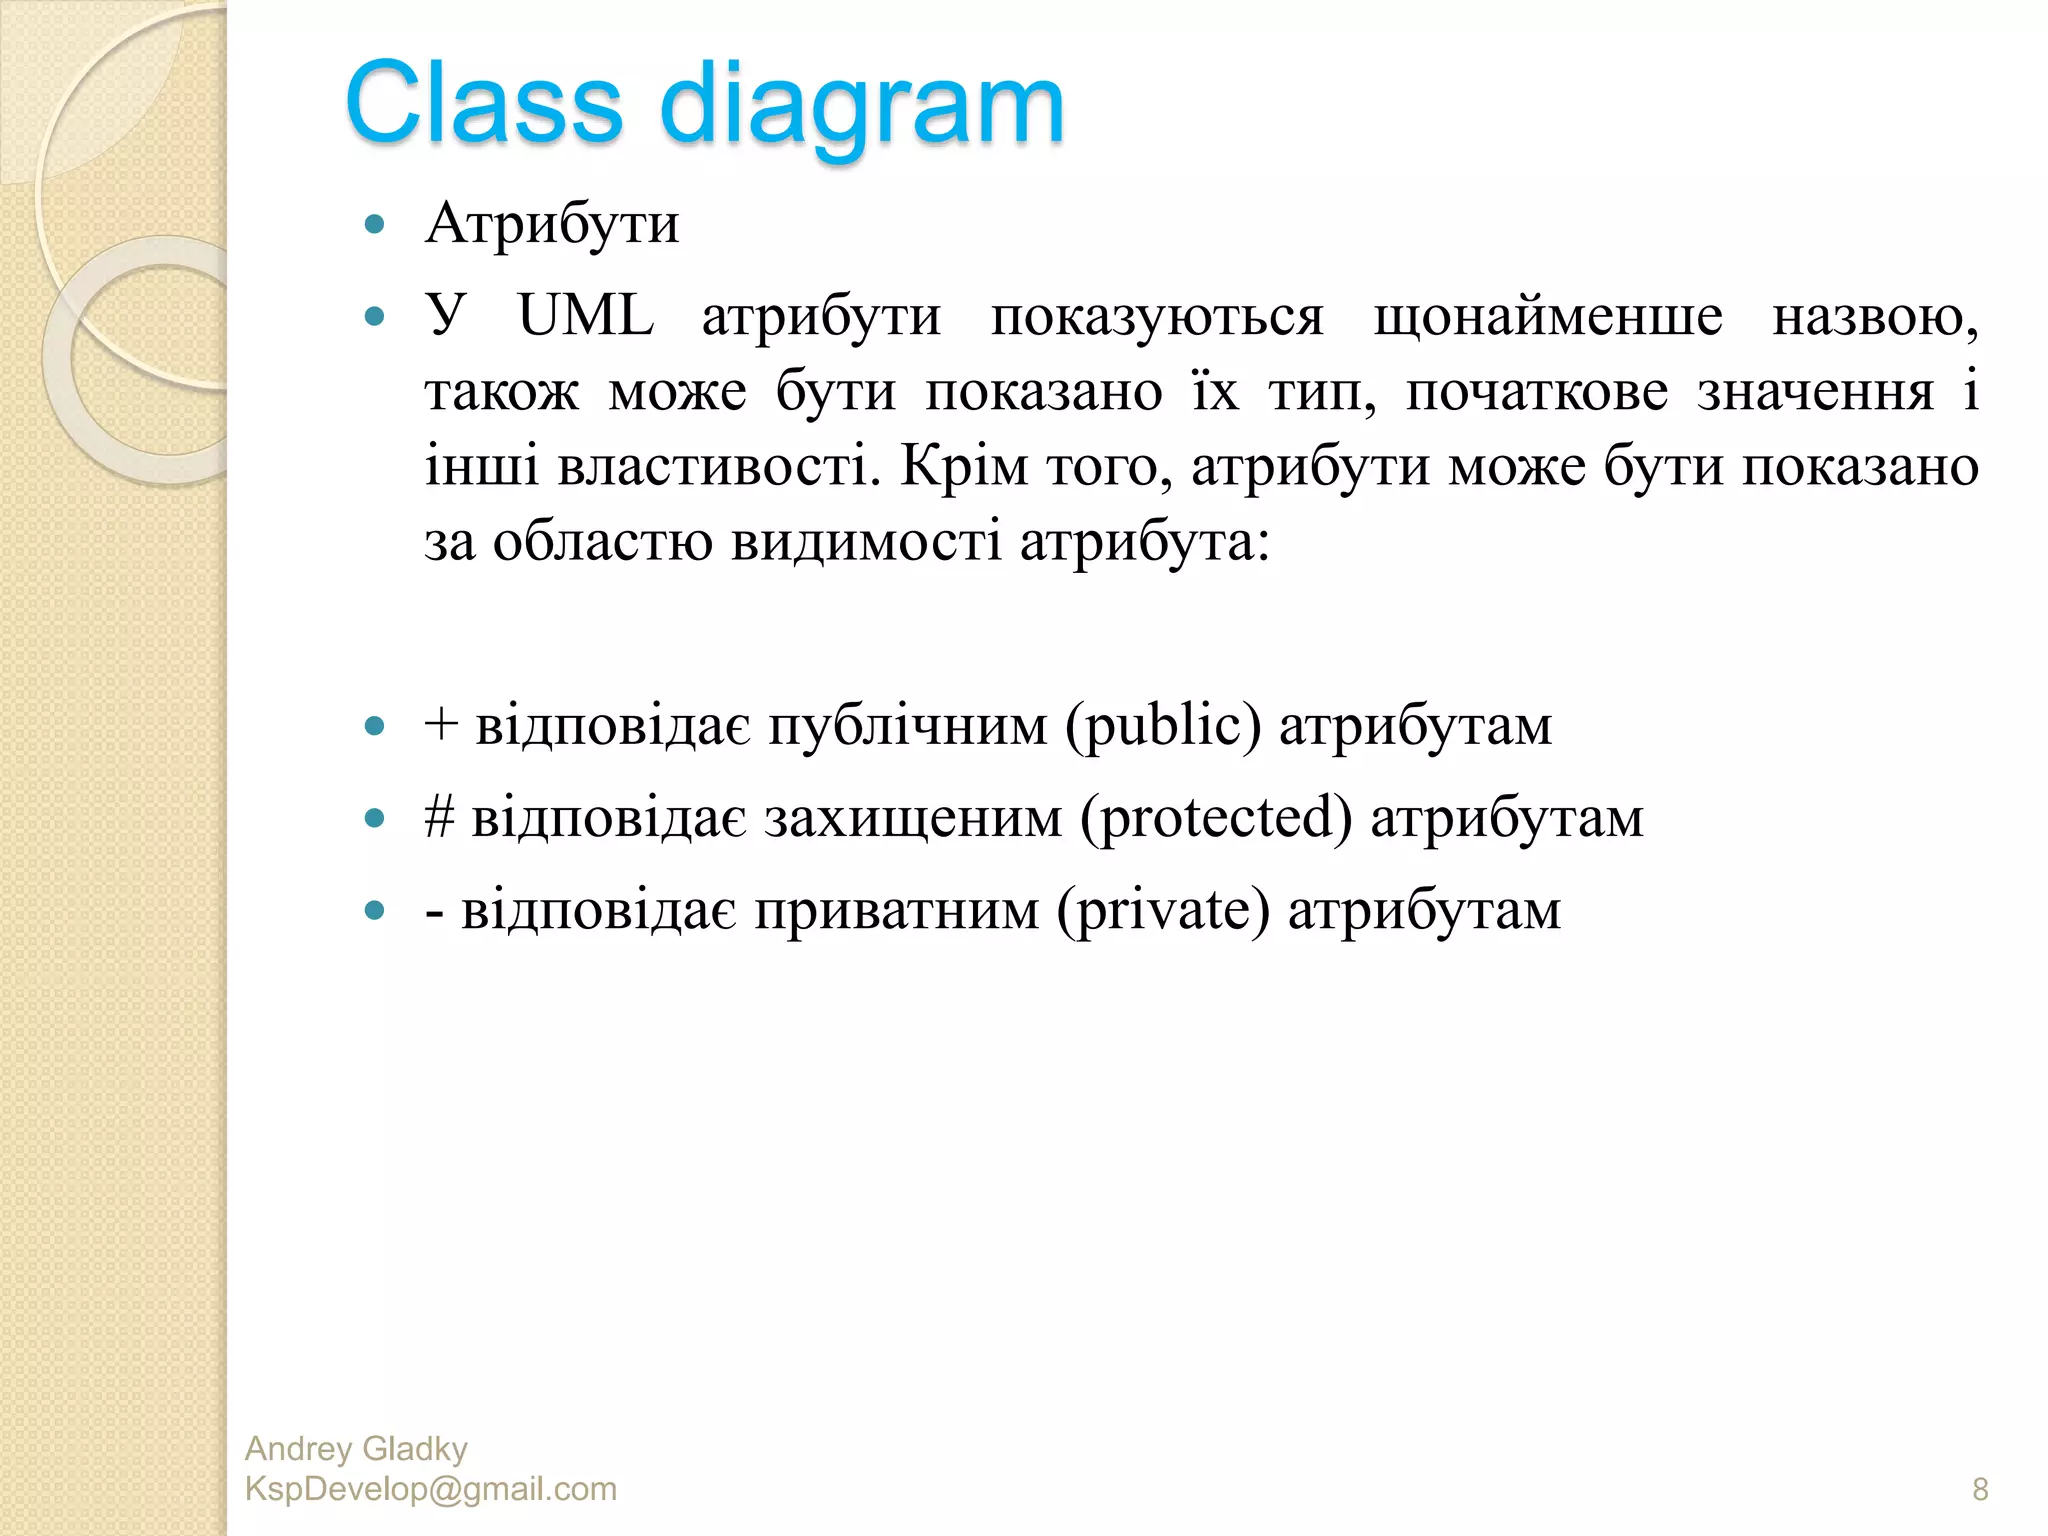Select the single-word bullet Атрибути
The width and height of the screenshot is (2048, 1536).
(552, 224)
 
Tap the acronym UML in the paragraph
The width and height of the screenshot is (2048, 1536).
(586, 317)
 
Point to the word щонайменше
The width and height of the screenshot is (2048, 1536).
(1548, 319)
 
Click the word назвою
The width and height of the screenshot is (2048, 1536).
(1874, 319)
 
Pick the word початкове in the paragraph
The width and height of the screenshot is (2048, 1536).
(1537, 392)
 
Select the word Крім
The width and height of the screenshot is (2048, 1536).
(964, 466)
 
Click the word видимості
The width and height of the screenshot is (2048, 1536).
(866, 542)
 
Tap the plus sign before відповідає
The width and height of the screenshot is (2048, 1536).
(441, 724)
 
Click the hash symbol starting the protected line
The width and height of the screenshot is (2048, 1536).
(439, 817)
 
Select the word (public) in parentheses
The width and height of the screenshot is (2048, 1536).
(1163, 726)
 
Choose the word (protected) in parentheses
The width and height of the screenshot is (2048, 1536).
(1216, 819)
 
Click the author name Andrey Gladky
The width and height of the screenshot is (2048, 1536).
(356, 1448)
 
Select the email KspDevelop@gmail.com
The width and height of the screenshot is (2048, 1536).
(431, 1489)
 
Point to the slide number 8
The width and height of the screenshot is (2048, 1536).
(1980, 1489)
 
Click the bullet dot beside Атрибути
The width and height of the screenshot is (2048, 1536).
(375, 224)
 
